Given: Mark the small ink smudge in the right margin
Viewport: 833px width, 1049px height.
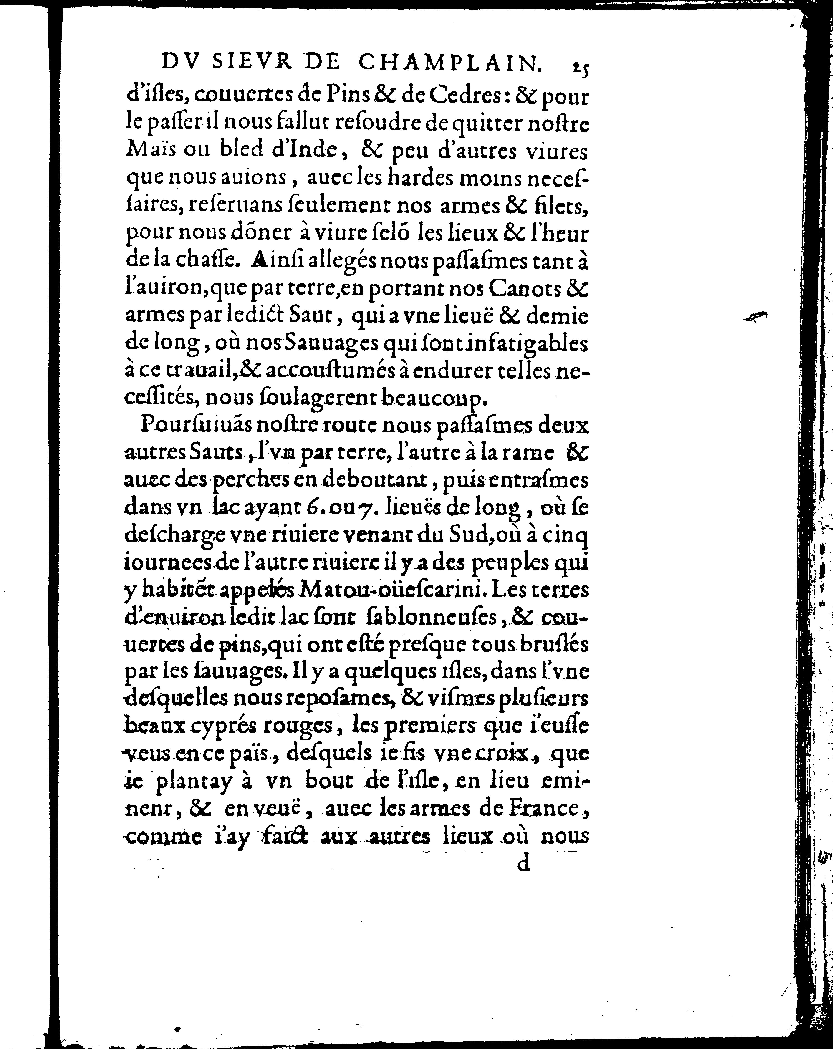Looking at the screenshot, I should click(756, 317).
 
